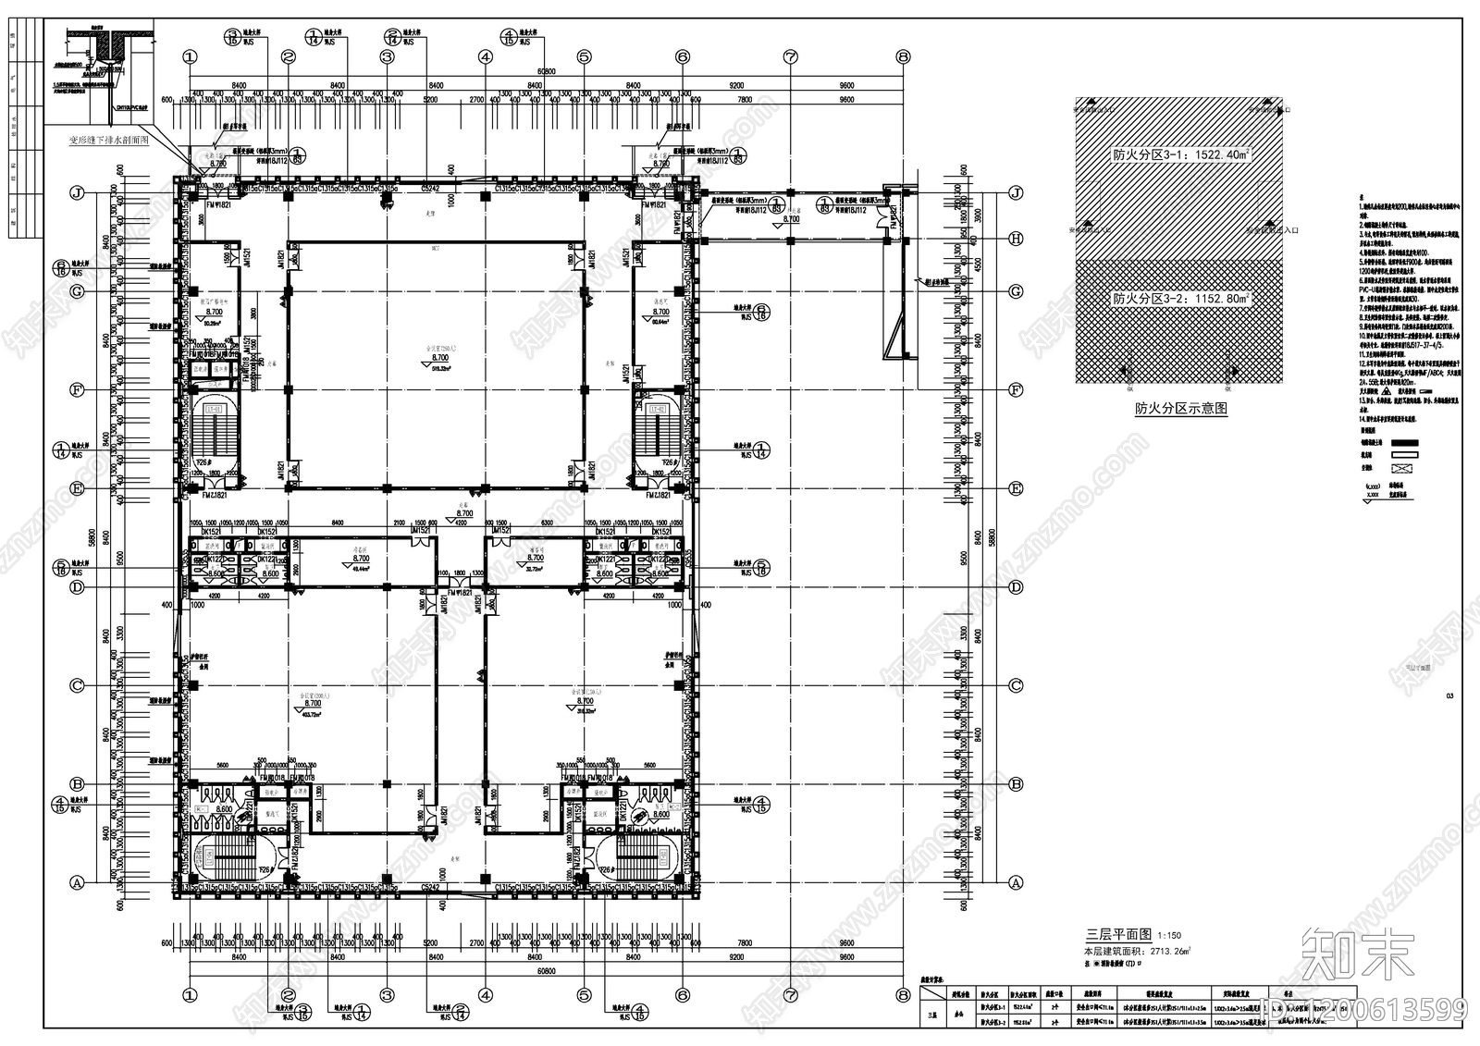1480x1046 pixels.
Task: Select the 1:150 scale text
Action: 1169,937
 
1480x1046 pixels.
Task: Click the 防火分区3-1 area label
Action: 1180,156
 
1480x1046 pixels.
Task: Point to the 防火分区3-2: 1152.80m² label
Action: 1180,299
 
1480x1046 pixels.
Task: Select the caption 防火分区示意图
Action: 1180,408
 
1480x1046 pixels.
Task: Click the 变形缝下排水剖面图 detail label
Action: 109,142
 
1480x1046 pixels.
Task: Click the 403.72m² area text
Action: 311,715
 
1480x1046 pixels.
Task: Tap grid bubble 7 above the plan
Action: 790,56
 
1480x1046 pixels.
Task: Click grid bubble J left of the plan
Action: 78,193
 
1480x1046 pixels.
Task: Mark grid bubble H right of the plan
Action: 1016,239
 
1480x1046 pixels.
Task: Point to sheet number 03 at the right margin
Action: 1449,697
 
